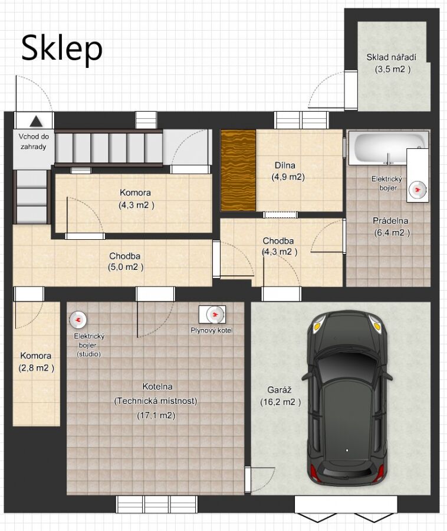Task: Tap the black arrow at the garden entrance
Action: [36, 121]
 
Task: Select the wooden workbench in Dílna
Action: [238, 170]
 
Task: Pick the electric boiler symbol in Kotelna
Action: [78, 320]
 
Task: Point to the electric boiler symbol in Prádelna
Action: [418, 190]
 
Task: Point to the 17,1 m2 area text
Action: [156, 415]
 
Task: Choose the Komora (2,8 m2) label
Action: [36, 361]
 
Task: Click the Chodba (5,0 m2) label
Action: [125, 262]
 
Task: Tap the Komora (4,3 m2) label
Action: [136, 199]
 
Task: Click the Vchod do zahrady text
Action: [33, 142]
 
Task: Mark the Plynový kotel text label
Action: [212, 330]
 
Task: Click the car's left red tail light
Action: [314, 473]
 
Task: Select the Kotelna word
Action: [157, 386]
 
